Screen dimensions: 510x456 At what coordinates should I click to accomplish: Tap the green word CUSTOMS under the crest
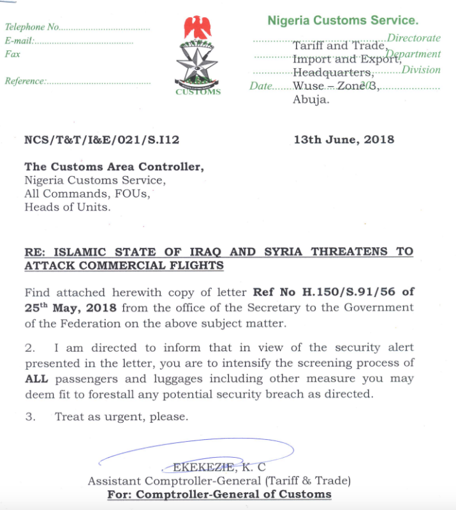[x=198, y=92]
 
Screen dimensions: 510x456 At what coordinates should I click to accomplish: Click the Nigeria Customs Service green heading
[x=342, y=20]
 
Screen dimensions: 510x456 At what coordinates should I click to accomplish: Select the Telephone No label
[x=32, y=27]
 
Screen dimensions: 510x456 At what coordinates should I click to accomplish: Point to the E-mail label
[x=18, y=41]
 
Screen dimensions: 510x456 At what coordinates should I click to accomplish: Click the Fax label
[x=12, y=54]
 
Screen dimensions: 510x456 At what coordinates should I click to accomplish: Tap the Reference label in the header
[x=25, y=81]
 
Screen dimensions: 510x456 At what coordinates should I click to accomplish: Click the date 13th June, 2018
[x=344, y=140]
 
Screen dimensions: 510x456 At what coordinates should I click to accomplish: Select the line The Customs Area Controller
[x=114, y=167]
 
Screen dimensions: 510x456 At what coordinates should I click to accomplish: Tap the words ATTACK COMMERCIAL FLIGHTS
[x=124, y=265]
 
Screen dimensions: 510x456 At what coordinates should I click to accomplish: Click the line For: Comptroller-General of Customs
[x=219, y=494]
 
